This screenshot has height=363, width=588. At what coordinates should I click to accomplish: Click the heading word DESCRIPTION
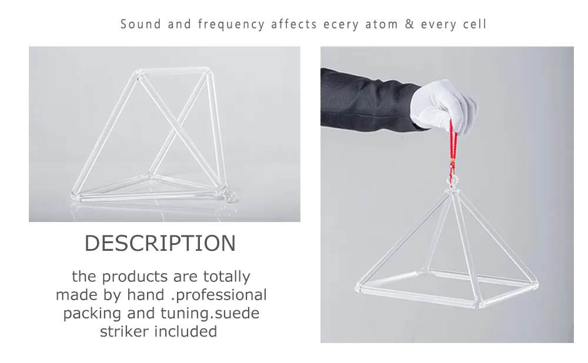pyautogui.click(x=160, y=243)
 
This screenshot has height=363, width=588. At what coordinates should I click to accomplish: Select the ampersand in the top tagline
pyautogui.click(x=409, y=24)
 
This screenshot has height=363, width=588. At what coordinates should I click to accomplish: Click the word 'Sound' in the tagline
pyautogui.click(x=141, y=24)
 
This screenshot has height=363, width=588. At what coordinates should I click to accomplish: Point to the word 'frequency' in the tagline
pyautogui.click(x=231, y=25)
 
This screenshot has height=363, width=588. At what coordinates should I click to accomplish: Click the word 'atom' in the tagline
pyautogui.click(x=382, y=24)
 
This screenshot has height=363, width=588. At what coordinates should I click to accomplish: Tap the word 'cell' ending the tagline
pyautogui.click(x=475, y=24)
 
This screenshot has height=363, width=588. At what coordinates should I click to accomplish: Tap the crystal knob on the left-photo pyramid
pyautogui.click(x=231, y=196)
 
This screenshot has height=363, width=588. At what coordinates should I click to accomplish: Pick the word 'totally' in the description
pyautogui.click(x=226, y=277)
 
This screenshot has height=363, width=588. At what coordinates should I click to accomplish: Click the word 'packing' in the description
pyautogui.click(x=92, y=314)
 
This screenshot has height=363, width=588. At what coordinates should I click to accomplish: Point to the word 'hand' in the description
pyautogui.click(x=146, y=295)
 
